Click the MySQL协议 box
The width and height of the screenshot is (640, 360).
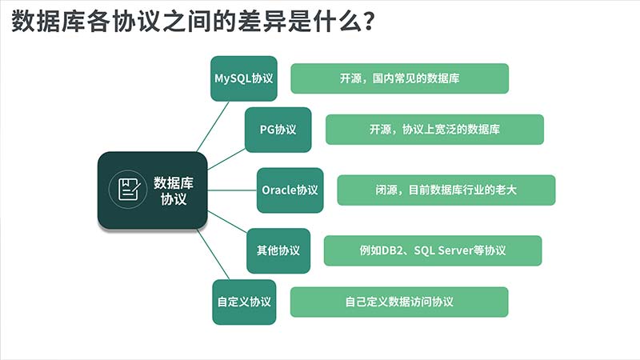click(x=244, y=78)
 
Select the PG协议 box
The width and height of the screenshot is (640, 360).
click(x=278, y=130)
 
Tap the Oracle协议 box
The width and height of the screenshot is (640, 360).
click(x=290, y=190)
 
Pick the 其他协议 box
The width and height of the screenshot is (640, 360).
click(x=278, y=250)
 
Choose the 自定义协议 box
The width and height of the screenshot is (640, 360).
click(x=244, y=302)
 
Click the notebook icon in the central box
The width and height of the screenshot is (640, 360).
click(x=128, y=190)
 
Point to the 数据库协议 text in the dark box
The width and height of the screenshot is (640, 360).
click(x=174, y=190)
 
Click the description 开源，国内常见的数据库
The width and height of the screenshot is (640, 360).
click(x=399, y=78)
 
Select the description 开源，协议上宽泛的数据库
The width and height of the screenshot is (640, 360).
click(x=434, y=130)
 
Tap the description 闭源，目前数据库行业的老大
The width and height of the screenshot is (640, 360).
click(x=446, y=190)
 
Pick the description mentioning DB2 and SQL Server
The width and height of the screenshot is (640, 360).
click(x=433, y=250)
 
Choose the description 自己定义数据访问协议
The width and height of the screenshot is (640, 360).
click(x=399, y=302)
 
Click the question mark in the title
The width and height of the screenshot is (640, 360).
click(x=369, y=22)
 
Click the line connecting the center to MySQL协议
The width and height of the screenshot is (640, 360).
click(x=212, y=126)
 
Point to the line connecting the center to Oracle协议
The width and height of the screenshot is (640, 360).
click(x=232, y=190)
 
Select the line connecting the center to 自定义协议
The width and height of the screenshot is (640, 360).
click(x=213, y=254)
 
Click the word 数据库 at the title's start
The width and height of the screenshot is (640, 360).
click(x=49, y=21)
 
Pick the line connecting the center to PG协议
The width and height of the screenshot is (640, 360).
click(x=226, y=159)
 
